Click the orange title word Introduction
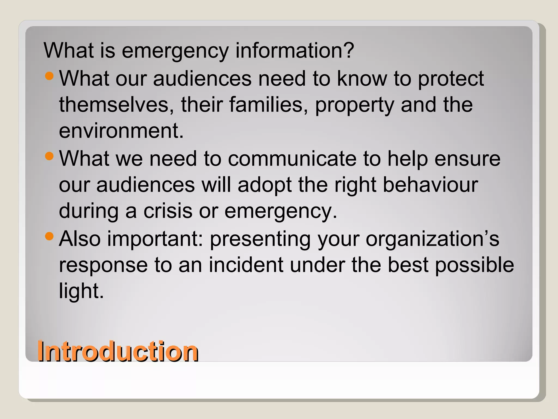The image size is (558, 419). pos(118,352)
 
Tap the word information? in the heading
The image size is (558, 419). pos(295,50)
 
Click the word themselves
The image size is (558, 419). pos(116,105)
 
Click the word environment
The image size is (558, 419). pos(121,131)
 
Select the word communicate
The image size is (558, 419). pos(292,159)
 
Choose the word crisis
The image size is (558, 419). pos(168,211)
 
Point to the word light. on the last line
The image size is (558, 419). pos(81,291)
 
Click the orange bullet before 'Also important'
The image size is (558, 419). pos(49,236)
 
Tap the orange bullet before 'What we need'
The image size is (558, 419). pos(49,156)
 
